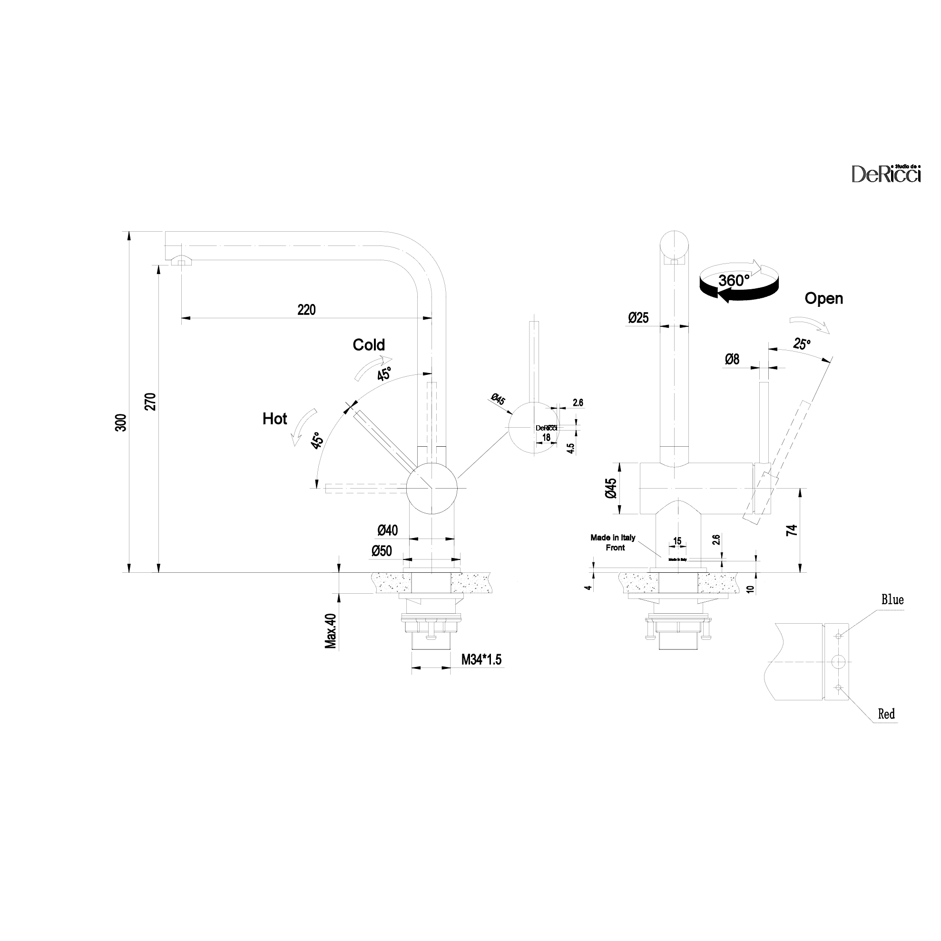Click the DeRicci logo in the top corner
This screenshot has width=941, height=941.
885,173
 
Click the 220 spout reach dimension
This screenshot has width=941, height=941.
306,310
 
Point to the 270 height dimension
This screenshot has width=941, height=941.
150,402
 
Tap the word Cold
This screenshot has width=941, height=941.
369,345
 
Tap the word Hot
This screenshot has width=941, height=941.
274,419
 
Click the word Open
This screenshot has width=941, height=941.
823,299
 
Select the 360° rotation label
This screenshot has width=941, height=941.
734,281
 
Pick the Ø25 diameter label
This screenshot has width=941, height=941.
638,318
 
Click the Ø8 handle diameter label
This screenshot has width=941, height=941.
732,360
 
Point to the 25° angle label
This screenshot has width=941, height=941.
801,344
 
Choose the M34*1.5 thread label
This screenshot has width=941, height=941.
481,660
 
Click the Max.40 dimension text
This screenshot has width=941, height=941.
331,631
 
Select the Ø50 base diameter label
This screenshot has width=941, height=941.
382,551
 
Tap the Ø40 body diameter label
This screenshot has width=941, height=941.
387,530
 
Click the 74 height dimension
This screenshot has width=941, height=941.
792,530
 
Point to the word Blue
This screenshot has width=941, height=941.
892,600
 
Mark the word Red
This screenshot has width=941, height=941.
886,714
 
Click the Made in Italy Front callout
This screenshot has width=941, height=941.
613,543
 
